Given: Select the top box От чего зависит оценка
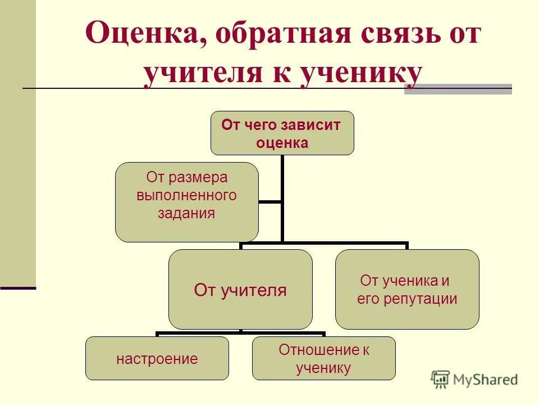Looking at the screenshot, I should (282, 133).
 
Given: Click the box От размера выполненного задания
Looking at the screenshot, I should (187, 202).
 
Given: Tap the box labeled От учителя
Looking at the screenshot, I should (240, 290).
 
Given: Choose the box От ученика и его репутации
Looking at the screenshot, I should (407, 290).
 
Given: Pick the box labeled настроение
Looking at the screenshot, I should (157, 358).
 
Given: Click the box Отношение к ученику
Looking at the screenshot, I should (323, 358).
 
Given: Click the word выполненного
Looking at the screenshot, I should (186, 196).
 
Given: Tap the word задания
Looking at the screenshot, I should (187, 214).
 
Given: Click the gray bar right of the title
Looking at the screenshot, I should (458, 89).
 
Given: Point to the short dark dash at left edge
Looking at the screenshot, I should (18, 287).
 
